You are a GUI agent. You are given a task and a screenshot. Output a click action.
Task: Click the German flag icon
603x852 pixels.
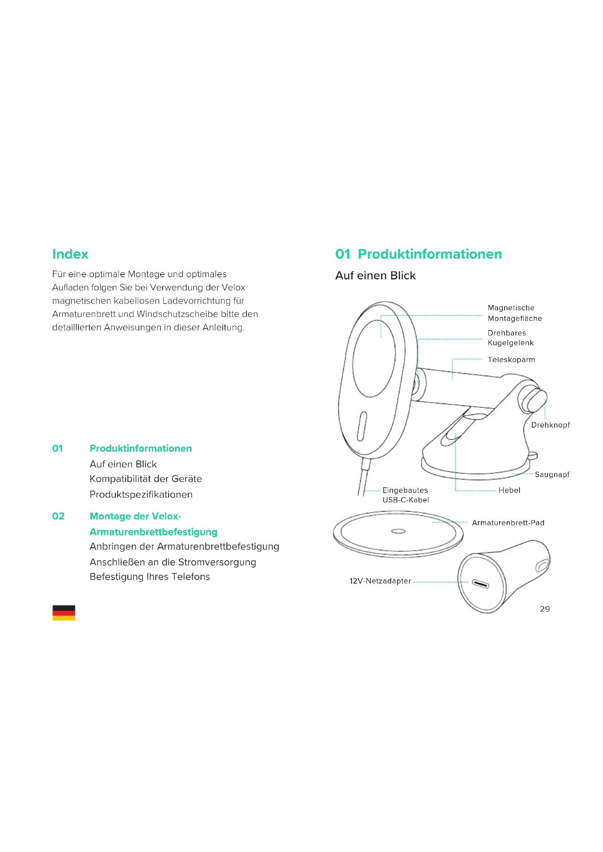[x=63, y=612]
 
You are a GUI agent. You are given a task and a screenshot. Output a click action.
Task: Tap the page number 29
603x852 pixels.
[x=545, y=609]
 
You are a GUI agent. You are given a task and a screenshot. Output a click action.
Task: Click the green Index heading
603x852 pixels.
[x=70, y=254]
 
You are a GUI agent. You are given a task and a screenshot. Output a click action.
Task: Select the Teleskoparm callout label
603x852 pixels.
[x=511, y=360]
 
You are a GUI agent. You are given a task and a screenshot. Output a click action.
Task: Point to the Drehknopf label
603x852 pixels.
[x=550, y=425]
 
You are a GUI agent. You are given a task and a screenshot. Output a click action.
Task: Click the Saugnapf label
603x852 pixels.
[x=552, y=475]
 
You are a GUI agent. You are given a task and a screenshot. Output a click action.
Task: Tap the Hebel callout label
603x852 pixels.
[x=509, y=490]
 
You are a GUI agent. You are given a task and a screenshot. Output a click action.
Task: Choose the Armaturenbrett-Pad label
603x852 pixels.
[x=508, y=523]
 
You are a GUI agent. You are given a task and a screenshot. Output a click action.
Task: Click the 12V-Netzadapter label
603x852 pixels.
[x=380, y=581]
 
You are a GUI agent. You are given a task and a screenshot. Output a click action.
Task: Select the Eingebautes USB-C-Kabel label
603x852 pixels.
[x=405, y=495]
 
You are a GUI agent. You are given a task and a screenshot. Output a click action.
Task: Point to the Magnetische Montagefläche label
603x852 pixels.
[x=515, y=313]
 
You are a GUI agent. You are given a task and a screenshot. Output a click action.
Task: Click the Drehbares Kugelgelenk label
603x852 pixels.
[x=510, y=338]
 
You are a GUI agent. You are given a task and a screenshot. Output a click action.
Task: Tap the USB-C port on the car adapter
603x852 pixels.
[x=481, y=584]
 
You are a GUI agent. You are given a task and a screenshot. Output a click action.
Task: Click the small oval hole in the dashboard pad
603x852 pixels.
[x=398, y=531]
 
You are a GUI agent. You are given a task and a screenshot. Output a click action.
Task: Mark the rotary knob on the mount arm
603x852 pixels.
[x=534, y=401]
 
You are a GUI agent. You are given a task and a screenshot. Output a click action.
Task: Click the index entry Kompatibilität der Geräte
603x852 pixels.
[x=145, y=479]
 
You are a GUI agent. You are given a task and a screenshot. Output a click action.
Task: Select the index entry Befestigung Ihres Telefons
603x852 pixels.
[x=149, y=577]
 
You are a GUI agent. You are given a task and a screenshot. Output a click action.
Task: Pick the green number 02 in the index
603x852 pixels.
[x=58, y=516]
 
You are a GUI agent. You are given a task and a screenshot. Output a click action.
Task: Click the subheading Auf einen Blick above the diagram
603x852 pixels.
[x=376, y=276]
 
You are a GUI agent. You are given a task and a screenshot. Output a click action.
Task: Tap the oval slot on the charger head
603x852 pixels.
[x=362, y=427]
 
